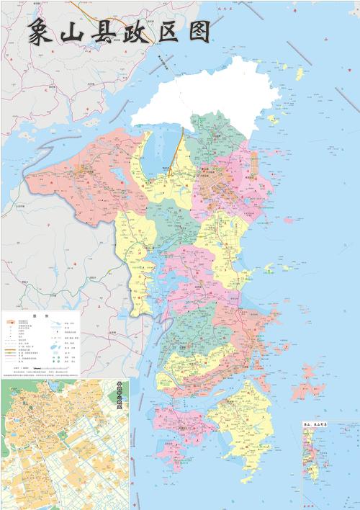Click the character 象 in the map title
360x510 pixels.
(x=42, y=32)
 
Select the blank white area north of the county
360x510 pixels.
(x=209, y=94)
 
